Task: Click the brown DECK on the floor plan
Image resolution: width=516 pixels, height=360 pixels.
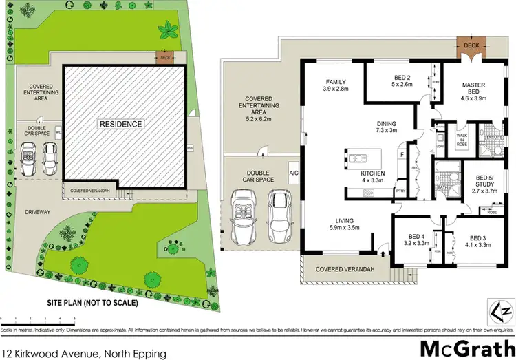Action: pyautogui.click(x=471, y=46)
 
